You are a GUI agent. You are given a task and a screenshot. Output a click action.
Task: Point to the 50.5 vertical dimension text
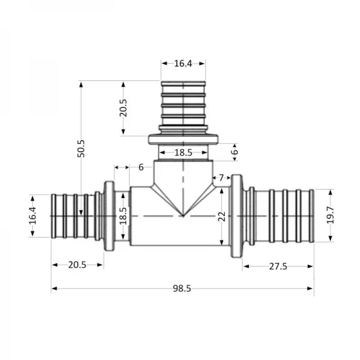click(x=82, y=148)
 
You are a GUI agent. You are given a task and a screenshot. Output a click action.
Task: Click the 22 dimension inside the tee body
click(x=221, y=215)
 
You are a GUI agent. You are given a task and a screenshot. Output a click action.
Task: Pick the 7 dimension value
click(x=221, y=178)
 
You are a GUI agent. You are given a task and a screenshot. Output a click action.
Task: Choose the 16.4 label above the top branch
click(x=183, y=63)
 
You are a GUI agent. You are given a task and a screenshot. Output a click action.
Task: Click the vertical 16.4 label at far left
click(x=33, y=215)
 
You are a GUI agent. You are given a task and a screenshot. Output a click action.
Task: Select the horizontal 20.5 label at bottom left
click(x=77, y=265)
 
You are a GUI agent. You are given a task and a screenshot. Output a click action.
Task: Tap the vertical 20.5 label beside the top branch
click(x=123, y=108)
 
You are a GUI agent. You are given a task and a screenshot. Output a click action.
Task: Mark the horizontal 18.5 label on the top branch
click(x=183, y=153)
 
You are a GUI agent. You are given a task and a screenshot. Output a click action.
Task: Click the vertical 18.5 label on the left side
click(x=123, y=215)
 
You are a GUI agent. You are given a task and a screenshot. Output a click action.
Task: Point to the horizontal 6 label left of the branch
click(x=141, y=167)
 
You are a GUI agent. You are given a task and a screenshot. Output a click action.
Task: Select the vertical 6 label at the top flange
click(x=235, y=152)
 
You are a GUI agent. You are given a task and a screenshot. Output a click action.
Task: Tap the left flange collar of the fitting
click(x=110, y=215)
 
